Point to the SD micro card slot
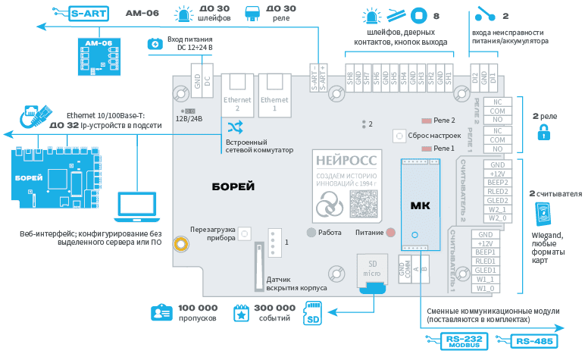373,268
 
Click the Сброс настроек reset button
399,136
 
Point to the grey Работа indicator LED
311,233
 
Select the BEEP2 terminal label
497,183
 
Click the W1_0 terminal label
485,288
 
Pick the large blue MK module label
419,205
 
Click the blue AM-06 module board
99,54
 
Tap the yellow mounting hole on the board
180,244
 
